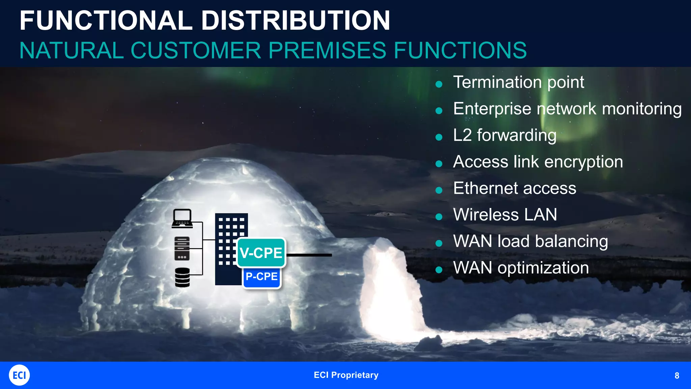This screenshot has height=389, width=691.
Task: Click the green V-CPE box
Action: pyautogui.click(x=261, y=253)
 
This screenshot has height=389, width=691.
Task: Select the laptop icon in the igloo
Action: pyautogui.click(x=182, y=218)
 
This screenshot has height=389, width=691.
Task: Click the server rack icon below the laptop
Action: pyautogui.click(x=182, y=249)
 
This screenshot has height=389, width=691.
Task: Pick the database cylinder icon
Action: pyautogui.click(x=183, y=277)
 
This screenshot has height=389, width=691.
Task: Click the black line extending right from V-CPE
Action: pyautogui.click(x=309, y=255)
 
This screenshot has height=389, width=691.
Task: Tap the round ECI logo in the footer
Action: pyautogui.click(x=19, y=375)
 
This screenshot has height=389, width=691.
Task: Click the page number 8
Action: pyautogui.click(x=676, y=375)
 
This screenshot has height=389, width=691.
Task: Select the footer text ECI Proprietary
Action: pyautogui.click(x=346, y=375)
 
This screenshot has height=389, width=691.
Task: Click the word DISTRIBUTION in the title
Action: pyautogui.click(x=296, y=21)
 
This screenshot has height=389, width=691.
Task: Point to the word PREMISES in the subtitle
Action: pyautogui.click(x=327, y=51)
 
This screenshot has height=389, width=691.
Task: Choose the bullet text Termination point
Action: pyautogui.click(x=518, y=82)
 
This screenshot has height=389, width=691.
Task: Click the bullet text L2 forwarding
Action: pyautogui.click(x=504, y=135)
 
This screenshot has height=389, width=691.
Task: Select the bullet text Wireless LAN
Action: pyautogui.click(x=505, y=215)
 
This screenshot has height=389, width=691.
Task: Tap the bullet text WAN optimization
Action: pyautogui.click(x=521, y=268)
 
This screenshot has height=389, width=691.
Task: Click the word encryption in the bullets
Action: pyautogui.click(x=583, y=162)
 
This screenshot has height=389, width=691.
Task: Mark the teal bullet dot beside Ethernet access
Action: pyautogui.click(x=439, y=190)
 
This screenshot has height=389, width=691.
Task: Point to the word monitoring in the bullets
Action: pyautogui.click(x=641, y=109)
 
